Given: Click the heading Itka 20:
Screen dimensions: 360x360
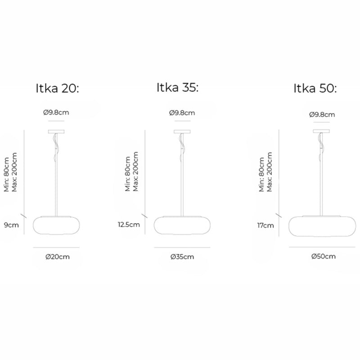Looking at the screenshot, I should tap(57, 88).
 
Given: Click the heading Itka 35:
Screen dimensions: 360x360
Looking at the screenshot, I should tap(177, 87).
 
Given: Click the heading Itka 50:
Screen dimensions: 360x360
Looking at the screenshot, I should tap(315, 88).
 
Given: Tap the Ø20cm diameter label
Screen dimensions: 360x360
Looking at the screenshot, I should tap(57, 257).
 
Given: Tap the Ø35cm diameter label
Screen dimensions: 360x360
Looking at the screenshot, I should tap(182, 257).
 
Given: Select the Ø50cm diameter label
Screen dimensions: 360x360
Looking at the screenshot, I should tap(324, 256).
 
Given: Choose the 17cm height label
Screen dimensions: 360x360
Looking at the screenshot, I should tap(265, 225).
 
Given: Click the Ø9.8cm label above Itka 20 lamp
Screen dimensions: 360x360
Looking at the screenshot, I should tap(56, 113).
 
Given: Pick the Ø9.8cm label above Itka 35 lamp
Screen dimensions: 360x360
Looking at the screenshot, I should tap(182, 113).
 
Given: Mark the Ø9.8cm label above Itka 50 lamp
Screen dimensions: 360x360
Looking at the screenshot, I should tap(322, 115).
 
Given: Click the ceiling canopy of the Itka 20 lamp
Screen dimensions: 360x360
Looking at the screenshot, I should tap(57, 132).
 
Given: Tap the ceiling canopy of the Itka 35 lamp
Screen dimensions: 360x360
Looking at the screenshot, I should tap(182, 132).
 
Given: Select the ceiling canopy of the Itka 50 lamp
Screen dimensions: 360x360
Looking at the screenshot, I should tap(322, 132).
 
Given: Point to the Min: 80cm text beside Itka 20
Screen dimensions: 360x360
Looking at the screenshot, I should tap(7, 174).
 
